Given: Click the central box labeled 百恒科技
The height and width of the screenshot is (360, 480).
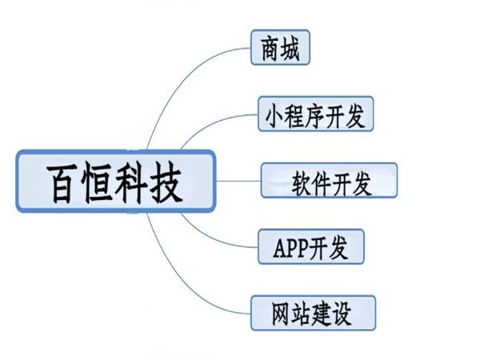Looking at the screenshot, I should [x=116, y=181].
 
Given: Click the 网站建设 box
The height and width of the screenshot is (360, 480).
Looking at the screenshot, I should [x=312, y=313].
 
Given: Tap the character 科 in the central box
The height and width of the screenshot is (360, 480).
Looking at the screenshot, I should [x=134, y=182].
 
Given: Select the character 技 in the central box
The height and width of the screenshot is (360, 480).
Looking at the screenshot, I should [x=170, y=182].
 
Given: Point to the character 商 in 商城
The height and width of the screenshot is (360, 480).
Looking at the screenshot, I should [x=270, y=48].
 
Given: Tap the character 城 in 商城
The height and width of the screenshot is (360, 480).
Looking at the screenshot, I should [x=290, y=48].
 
